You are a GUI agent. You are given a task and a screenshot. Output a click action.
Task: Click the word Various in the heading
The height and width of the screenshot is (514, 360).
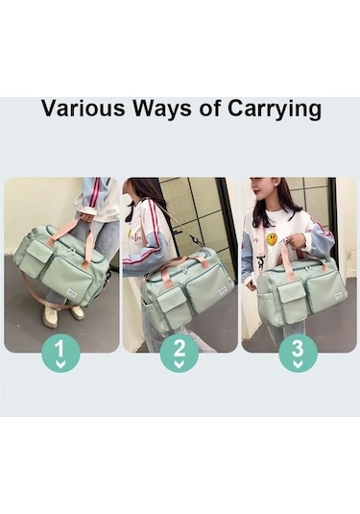pyautogui.click(x=84, y=109)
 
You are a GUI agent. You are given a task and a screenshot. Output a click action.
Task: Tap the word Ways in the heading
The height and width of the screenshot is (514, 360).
pyautogui.click(x=162, y=110)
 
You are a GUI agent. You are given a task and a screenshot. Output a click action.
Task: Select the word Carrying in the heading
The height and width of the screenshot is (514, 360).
pyautogui.click(x=275, y=110)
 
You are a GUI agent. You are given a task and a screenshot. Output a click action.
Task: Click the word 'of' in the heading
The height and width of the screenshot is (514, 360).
pyautogui.click(x=209, y=109)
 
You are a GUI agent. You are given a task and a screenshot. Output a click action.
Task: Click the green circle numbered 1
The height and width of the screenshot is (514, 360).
pyautogui.click(x=60, y=353)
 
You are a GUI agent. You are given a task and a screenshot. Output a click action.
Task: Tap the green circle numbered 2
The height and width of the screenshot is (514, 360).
pyautogui.click(x=180, y=353)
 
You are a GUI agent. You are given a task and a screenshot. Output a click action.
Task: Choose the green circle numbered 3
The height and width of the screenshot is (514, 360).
pyautogui.click(x=298, y=353)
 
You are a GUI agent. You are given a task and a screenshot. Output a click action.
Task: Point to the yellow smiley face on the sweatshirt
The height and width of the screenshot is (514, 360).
pyautogui.click(x=272, y=239)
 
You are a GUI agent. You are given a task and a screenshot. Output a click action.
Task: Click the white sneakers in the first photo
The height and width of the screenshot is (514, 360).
pyautogui.click(x=63, y=314)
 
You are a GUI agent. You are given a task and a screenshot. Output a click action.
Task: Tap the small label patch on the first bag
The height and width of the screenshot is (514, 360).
pyautogui.click(x=72, y=293)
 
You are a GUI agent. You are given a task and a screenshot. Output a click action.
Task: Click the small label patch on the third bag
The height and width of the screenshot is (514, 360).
pyautogui.click(x=339, y=297)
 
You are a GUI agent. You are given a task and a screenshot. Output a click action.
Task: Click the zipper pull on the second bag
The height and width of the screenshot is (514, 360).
pyautogui.click(x=185, y=270)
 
